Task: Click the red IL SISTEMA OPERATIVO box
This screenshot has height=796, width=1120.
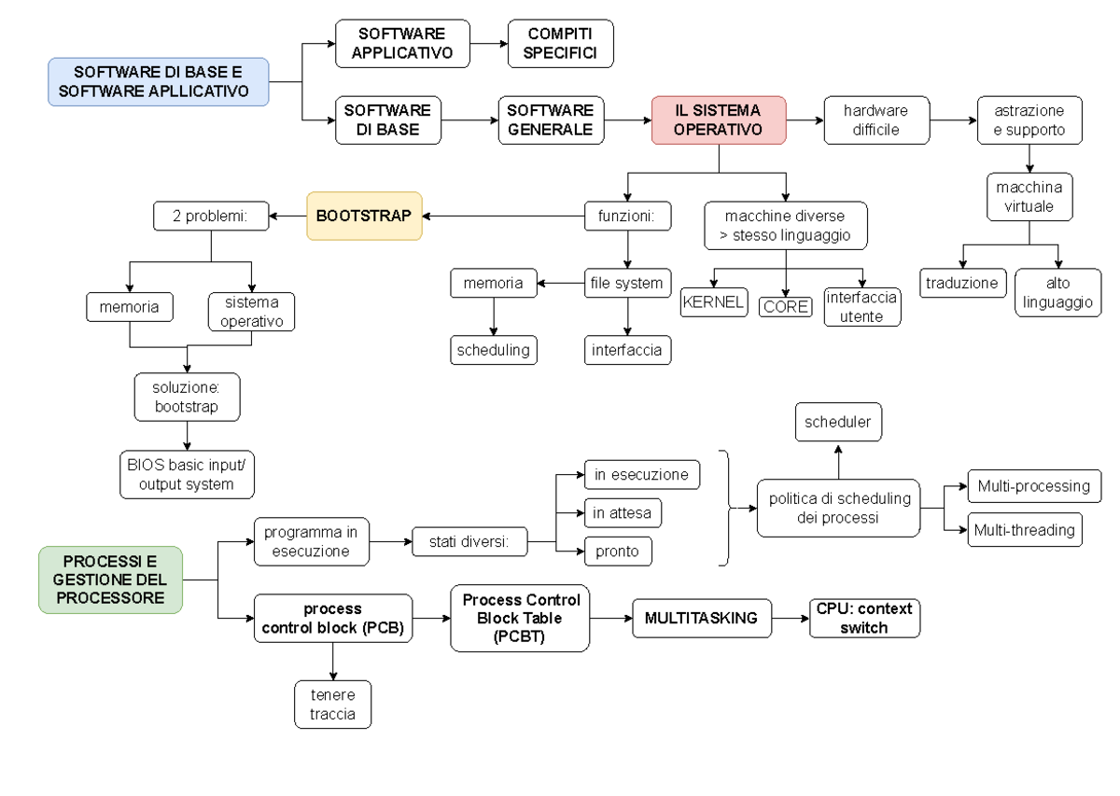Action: coord(719,119)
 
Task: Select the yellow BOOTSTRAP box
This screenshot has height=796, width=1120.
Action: coord(364,216)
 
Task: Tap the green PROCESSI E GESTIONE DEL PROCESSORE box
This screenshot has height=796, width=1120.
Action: coord(110,580)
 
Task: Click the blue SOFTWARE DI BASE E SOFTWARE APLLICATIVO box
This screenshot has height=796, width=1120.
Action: coord(159,81)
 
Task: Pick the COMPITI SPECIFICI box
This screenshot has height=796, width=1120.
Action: coord(560,43)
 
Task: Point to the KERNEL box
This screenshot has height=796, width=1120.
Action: coord(714,302)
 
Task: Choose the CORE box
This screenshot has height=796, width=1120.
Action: coord(785,305)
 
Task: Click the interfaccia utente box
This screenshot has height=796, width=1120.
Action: coord(861,306)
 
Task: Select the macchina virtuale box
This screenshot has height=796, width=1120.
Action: coord(1029,197)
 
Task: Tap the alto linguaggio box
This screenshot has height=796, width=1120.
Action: coord(1057,292)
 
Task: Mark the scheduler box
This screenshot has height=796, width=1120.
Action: coord(837,422)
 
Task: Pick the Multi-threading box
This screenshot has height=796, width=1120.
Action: coord(1024,530)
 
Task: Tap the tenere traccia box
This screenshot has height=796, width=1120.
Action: coord(333,705)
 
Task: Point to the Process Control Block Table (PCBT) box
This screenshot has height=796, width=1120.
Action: coord(521,618)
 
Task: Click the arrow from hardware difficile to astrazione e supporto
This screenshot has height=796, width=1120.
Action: coord(952,119)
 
